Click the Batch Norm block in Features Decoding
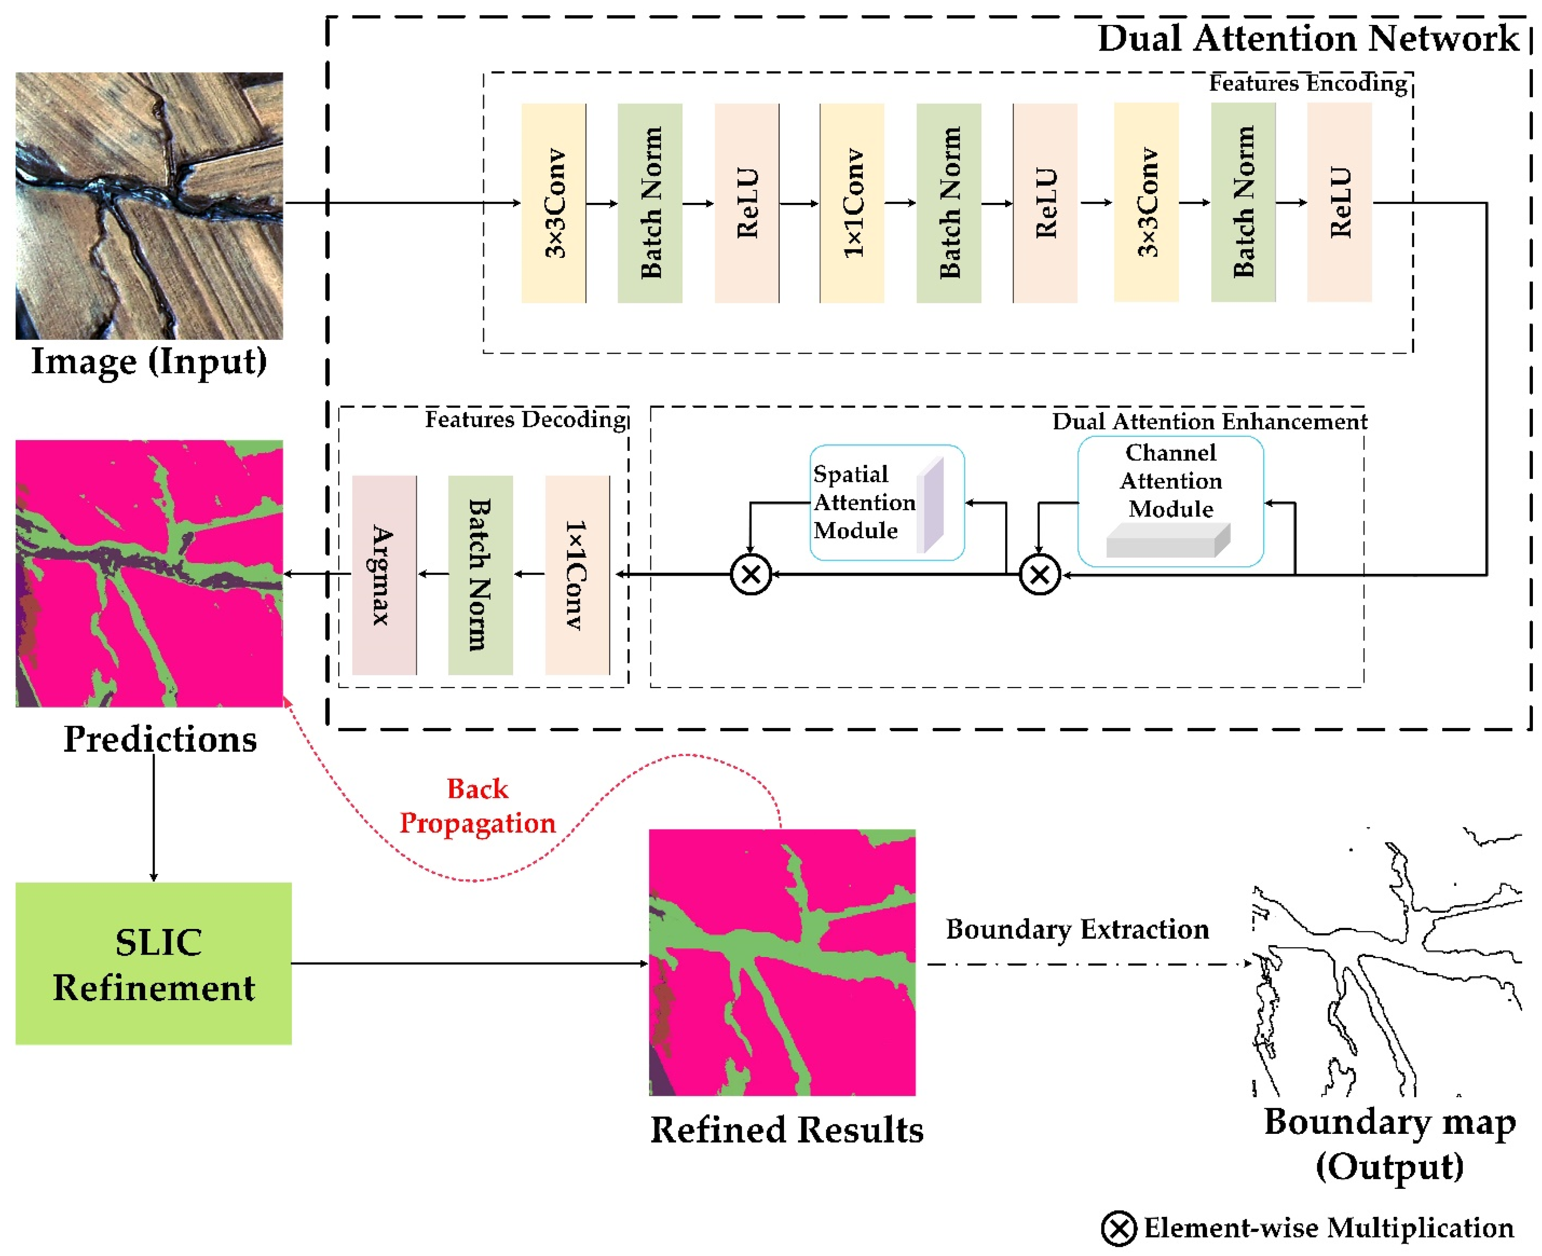coord(481,575)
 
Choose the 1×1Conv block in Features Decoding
coord(577,575)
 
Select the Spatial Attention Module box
coord(887,502)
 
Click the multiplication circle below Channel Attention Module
coord(1039,575)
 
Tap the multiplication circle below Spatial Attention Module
coord(750,575)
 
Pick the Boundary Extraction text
coord(1077,929)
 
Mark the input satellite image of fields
coord(149,206)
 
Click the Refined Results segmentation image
coord(782,962)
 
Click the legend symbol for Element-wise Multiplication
coord(1119,1228)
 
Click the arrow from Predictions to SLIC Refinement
coord(153,817)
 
